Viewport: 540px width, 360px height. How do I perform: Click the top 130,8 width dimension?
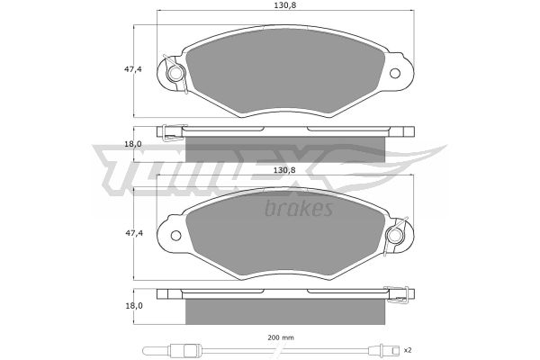click(285, 5)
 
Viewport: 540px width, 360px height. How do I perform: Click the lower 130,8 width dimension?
click(285, 170)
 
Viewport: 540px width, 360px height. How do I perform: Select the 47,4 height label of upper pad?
click(133, 69)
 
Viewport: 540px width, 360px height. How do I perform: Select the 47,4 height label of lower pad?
click(133, 233)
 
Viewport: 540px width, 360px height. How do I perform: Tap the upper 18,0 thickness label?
click(133, 144)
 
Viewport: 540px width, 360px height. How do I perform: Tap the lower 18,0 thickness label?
click(133, 306)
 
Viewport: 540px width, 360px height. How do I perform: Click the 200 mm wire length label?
click(281, 337)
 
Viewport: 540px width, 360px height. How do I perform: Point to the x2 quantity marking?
click(408, 350)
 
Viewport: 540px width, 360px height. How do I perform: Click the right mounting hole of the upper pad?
click(395, 73)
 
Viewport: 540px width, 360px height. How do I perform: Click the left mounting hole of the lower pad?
click(175, 236)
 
